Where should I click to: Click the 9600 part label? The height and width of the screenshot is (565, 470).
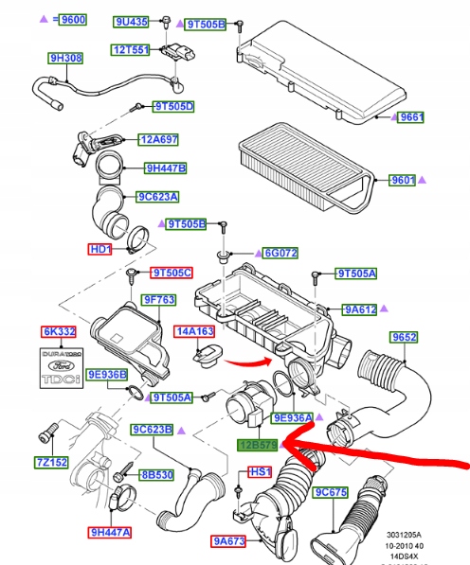[x=73, y=19]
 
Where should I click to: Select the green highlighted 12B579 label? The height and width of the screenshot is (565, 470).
[x=258, y=445]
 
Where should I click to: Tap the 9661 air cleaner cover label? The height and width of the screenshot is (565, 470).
[x=410, y=117]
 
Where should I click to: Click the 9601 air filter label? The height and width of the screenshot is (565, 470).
[x=402, y=180]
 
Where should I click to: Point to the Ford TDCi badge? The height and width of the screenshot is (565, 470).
[x=62, y=368]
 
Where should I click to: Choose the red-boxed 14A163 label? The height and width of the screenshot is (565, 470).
[x=194, y=331]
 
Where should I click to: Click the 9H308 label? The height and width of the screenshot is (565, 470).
[x=65, y=58]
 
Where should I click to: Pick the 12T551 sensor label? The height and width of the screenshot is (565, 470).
[x=130, y=50]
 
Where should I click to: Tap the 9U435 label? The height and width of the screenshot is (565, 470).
[x=132, y=22]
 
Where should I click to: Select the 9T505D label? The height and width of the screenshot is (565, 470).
[x=173, y=107]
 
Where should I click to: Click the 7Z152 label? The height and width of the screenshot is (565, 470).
[x=51, y=462]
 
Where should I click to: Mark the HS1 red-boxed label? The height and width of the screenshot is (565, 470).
[x=260, y=471]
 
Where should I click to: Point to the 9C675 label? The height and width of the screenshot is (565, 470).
[x=331, y=492]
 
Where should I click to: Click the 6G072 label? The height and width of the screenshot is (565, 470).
[x=280, y=253]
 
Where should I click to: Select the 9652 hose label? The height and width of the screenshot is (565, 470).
[x=404, y=337]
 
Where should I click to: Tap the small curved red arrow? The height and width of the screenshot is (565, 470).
[x=248, y=362]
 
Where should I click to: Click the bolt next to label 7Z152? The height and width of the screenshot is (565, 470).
[x=48, y=432]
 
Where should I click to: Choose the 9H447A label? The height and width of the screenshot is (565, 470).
[x=110, y=532]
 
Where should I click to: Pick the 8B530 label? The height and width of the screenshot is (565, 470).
[x=157, y=475]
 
